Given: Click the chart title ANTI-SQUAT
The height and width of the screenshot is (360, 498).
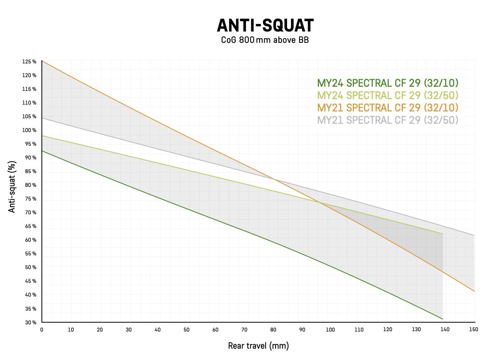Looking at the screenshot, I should (265, 25).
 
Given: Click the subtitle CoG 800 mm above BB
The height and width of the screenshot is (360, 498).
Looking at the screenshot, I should (265, 40).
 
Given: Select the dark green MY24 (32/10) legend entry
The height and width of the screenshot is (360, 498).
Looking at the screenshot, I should (388, 83).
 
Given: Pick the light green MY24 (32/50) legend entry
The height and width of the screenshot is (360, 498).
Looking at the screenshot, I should (388, 95).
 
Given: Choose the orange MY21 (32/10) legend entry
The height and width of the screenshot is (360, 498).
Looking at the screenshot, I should (388, 108).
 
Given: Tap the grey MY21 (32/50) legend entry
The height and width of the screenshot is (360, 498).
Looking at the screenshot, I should (388, 120).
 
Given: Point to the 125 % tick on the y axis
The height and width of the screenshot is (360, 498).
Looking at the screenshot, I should (29, 62).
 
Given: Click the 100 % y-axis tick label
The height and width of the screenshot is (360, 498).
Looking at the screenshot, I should (29, 130).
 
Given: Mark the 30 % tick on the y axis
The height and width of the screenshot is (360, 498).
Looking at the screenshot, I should (31, 322).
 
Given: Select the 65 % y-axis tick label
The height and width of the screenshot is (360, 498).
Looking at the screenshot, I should (31, 226).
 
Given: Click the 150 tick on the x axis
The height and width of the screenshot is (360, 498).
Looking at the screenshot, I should (474, 329).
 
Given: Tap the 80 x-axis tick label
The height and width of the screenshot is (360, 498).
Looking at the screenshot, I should (273, 330).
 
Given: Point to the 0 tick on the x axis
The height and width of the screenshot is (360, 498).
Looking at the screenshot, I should (42, 330).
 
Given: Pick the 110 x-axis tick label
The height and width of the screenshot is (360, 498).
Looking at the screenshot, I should (359, 329).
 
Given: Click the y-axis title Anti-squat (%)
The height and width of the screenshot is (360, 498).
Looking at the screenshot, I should (12, 187).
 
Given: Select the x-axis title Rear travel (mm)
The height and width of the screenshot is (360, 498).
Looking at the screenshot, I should (258, 346).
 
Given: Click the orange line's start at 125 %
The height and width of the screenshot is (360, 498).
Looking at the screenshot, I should (42, 61).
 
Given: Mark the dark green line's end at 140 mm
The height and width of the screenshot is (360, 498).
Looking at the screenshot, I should (443, 319).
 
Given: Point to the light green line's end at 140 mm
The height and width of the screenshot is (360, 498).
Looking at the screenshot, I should (443, 234).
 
